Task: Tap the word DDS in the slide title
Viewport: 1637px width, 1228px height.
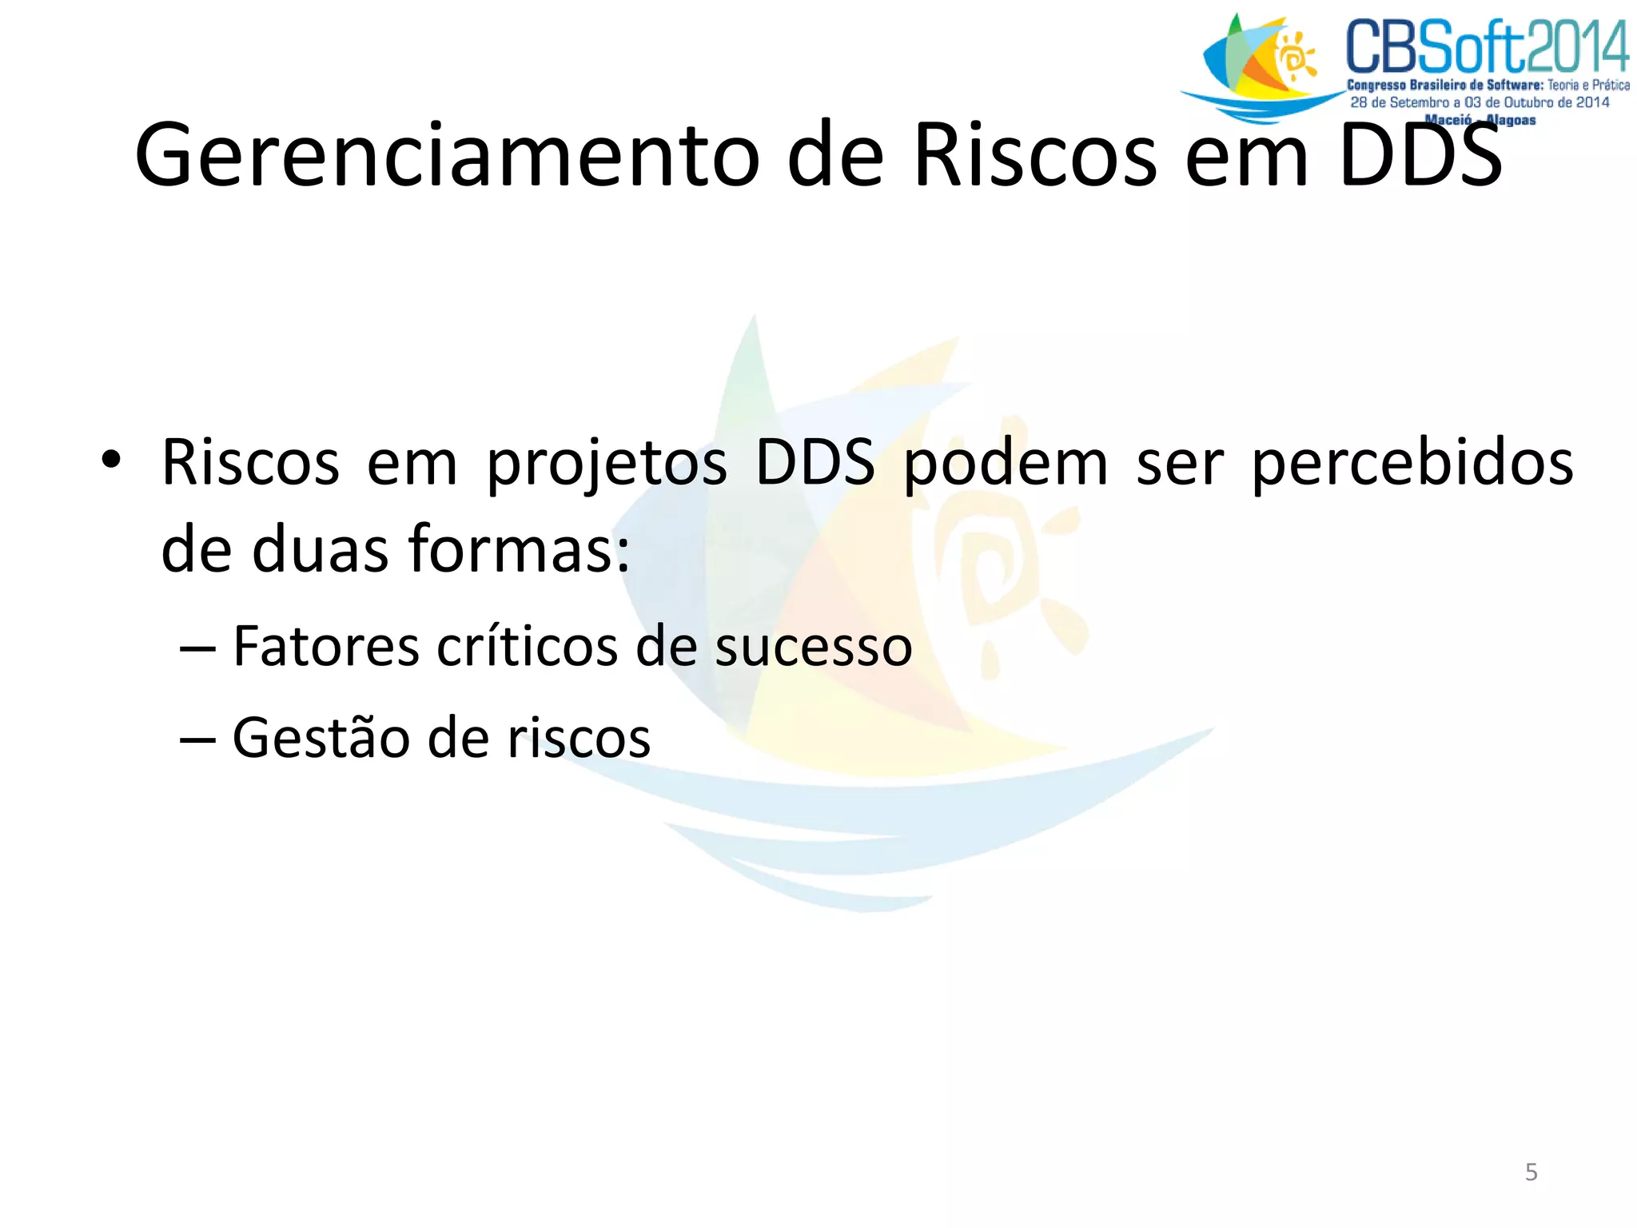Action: tap(1420, 155)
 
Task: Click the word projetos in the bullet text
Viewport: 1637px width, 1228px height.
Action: tap(607, 464)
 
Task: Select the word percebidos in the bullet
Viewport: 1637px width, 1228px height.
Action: tap(1412, 464)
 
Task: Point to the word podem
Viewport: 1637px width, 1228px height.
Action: tap(1006, 464)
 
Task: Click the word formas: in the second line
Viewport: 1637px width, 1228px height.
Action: tap(520, 550)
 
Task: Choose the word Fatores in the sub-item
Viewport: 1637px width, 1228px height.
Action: tap(326, 646)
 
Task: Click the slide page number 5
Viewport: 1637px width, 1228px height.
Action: tap(1531, 1172)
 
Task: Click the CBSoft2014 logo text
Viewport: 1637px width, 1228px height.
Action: tap(1486, 48)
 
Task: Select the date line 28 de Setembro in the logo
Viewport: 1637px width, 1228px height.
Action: tap(1480, 102)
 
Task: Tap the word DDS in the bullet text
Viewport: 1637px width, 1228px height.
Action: tap(815, 464)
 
